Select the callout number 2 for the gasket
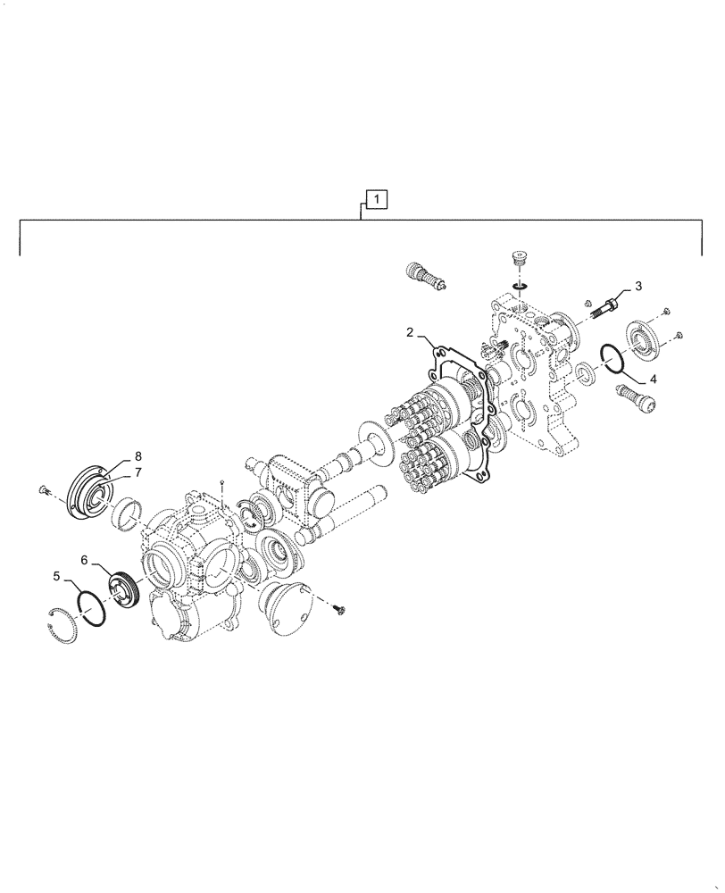pyautogui.click(x=410, y=332)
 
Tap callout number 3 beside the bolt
pyautogui.click(x=638, y=286)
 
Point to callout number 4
pyautogui.click(x=653, y=379)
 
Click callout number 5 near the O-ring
pyautogui.click(x=56, y=576)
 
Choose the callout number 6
pyautogui.click(x=85, y=560)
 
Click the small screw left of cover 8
pyautogui.click(x=44, y=488)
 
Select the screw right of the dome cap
pyautogui.click(x=338, y=609)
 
